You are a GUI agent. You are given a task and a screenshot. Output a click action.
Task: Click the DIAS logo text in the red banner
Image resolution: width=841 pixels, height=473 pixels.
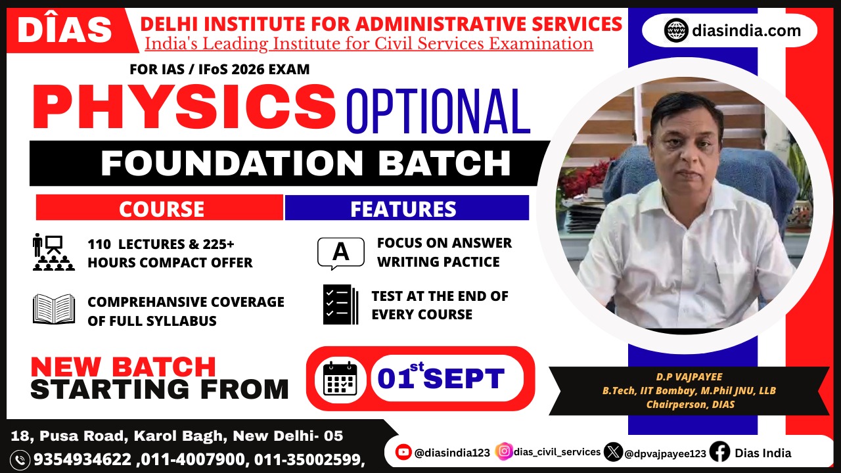point(64,30)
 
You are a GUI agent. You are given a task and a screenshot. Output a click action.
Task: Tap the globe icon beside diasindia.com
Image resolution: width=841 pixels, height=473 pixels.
point(676,30)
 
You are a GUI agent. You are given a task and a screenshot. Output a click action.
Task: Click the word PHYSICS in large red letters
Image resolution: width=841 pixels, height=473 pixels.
point(183,107)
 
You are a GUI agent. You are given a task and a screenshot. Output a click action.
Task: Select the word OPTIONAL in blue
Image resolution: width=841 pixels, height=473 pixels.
point(438,112)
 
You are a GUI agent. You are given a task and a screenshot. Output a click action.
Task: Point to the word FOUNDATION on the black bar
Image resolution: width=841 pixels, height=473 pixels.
point(231,163)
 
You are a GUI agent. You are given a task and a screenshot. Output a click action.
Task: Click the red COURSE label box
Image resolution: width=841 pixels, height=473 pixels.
point(160,208)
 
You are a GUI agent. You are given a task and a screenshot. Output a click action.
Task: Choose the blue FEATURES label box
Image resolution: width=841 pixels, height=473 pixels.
point(407,208)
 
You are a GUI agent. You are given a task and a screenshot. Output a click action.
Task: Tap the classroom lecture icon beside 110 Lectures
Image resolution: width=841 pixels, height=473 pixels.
point(53,252)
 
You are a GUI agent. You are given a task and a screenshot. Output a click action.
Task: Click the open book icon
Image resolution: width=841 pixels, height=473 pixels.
point(54,309)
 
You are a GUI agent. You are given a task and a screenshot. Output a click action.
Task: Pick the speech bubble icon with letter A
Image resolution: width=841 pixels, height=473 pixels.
point(341,253)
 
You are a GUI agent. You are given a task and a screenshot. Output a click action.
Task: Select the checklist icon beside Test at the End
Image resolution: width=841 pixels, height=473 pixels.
point(340,304)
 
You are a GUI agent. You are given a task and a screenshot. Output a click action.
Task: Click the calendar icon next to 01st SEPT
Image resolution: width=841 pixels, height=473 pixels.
point(340,378)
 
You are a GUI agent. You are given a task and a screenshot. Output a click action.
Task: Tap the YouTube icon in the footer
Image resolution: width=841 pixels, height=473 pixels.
point(403,452)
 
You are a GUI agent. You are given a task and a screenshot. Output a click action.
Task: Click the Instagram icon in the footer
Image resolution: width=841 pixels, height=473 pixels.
point(504,451)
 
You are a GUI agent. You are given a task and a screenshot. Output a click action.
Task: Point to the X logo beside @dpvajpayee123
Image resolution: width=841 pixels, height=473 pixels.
point(613,451)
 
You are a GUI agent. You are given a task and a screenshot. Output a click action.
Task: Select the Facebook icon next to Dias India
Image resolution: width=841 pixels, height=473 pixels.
point(719,451)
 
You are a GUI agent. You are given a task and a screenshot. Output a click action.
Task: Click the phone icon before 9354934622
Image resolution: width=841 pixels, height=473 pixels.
point(20,460)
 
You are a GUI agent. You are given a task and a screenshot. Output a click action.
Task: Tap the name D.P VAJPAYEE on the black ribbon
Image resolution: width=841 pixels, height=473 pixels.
point(689,377)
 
